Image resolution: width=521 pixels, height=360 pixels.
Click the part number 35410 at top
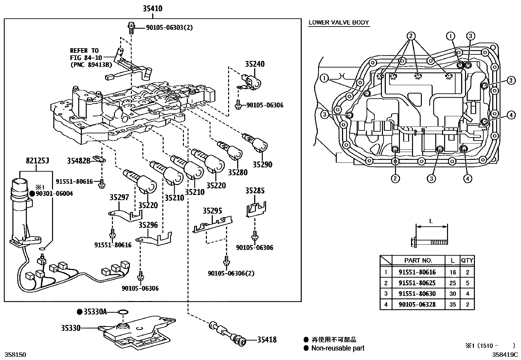[152, 9]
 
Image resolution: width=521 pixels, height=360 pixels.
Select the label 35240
[255, 64]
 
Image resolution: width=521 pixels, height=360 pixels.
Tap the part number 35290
[262, 164]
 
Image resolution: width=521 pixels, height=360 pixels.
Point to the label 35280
[238, 172]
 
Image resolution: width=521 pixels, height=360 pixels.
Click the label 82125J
[37, 161]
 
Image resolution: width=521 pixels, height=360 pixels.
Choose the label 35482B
[79, 161]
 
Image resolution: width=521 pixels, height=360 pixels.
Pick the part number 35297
[119, 198]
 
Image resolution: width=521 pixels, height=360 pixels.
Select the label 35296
[148, 225]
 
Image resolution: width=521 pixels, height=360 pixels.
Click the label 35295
[212, 211]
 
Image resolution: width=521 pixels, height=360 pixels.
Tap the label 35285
[255, 191]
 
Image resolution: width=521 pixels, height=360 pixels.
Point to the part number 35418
[267, 340]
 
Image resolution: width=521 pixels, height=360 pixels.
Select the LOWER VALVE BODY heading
[339, 23]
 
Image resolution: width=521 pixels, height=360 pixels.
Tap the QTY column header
[467, 260]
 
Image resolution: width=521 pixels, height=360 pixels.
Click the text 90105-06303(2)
[165, 28]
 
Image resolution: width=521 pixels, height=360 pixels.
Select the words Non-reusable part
[337, 348]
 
